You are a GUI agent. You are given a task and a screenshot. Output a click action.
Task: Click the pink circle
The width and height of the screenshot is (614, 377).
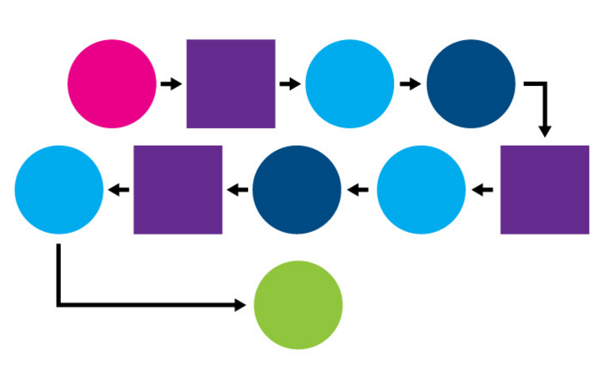click(112, 84)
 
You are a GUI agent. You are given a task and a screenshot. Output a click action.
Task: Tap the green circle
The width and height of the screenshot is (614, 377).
click(298, 305)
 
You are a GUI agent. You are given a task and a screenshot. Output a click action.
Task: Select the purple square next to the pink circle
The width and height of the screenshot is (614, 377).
click(231, 84)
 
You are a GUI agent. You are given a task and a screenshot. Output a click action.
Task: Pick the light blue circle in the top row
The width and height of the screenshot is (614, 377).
click(351, 84)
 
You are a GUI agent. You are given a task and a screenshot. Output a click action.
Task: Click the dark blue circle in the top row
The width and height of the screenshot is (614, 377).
click(471, 84)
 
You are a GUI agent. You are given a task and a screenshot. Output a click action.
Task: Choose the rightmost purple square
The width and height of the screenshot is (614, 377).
click(545, 189)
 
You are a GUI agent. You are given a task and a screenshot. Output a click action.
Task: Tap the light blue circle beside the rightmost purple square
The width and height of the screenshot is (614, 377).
click(421, 189)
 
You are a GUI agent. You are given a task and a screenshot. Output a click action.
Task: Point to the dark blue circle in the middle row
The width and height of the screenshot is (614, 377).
click(297, 189)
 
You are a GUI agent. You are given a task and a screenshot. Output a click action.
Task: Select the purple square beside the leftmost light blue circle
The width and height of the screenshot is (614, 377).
click(178, 189)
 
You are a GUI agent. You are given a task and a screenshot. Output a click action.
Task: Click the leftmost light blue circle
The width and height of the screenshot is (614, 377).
click(59, 189)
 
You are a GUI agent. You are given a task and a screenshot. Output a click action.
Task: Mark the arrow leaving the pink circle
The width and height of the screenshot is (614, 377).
click(171, 84)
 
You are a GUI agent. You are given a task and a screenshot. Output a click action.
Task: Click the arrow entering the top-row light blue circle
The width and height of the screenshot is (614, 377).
click(291, 84)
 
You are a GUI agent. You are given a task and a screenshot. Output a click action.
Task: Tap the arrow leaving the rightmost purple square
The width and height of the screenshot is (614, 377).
click(483, 190)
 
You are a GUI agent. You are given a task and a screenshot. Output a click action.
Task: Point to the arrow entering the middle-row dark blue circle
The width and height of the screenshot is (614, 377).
click(360, 190)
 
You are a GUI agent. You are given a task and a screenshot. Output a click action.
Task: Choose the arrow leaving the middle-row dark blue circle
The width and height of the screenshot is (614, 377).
click(238, 190)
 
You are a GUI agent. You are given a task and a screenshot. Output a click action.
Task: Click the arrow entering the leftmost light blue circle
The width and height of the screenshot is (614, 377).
click(119, 190)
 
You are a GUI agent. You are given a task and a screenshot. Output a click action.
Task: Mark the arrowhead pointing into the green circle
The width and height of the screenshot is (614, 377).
click(240, 305)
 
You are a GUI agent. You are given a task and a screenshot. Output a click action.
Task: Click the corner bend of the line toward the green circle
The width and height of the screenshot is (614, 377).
click(58, 305)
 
